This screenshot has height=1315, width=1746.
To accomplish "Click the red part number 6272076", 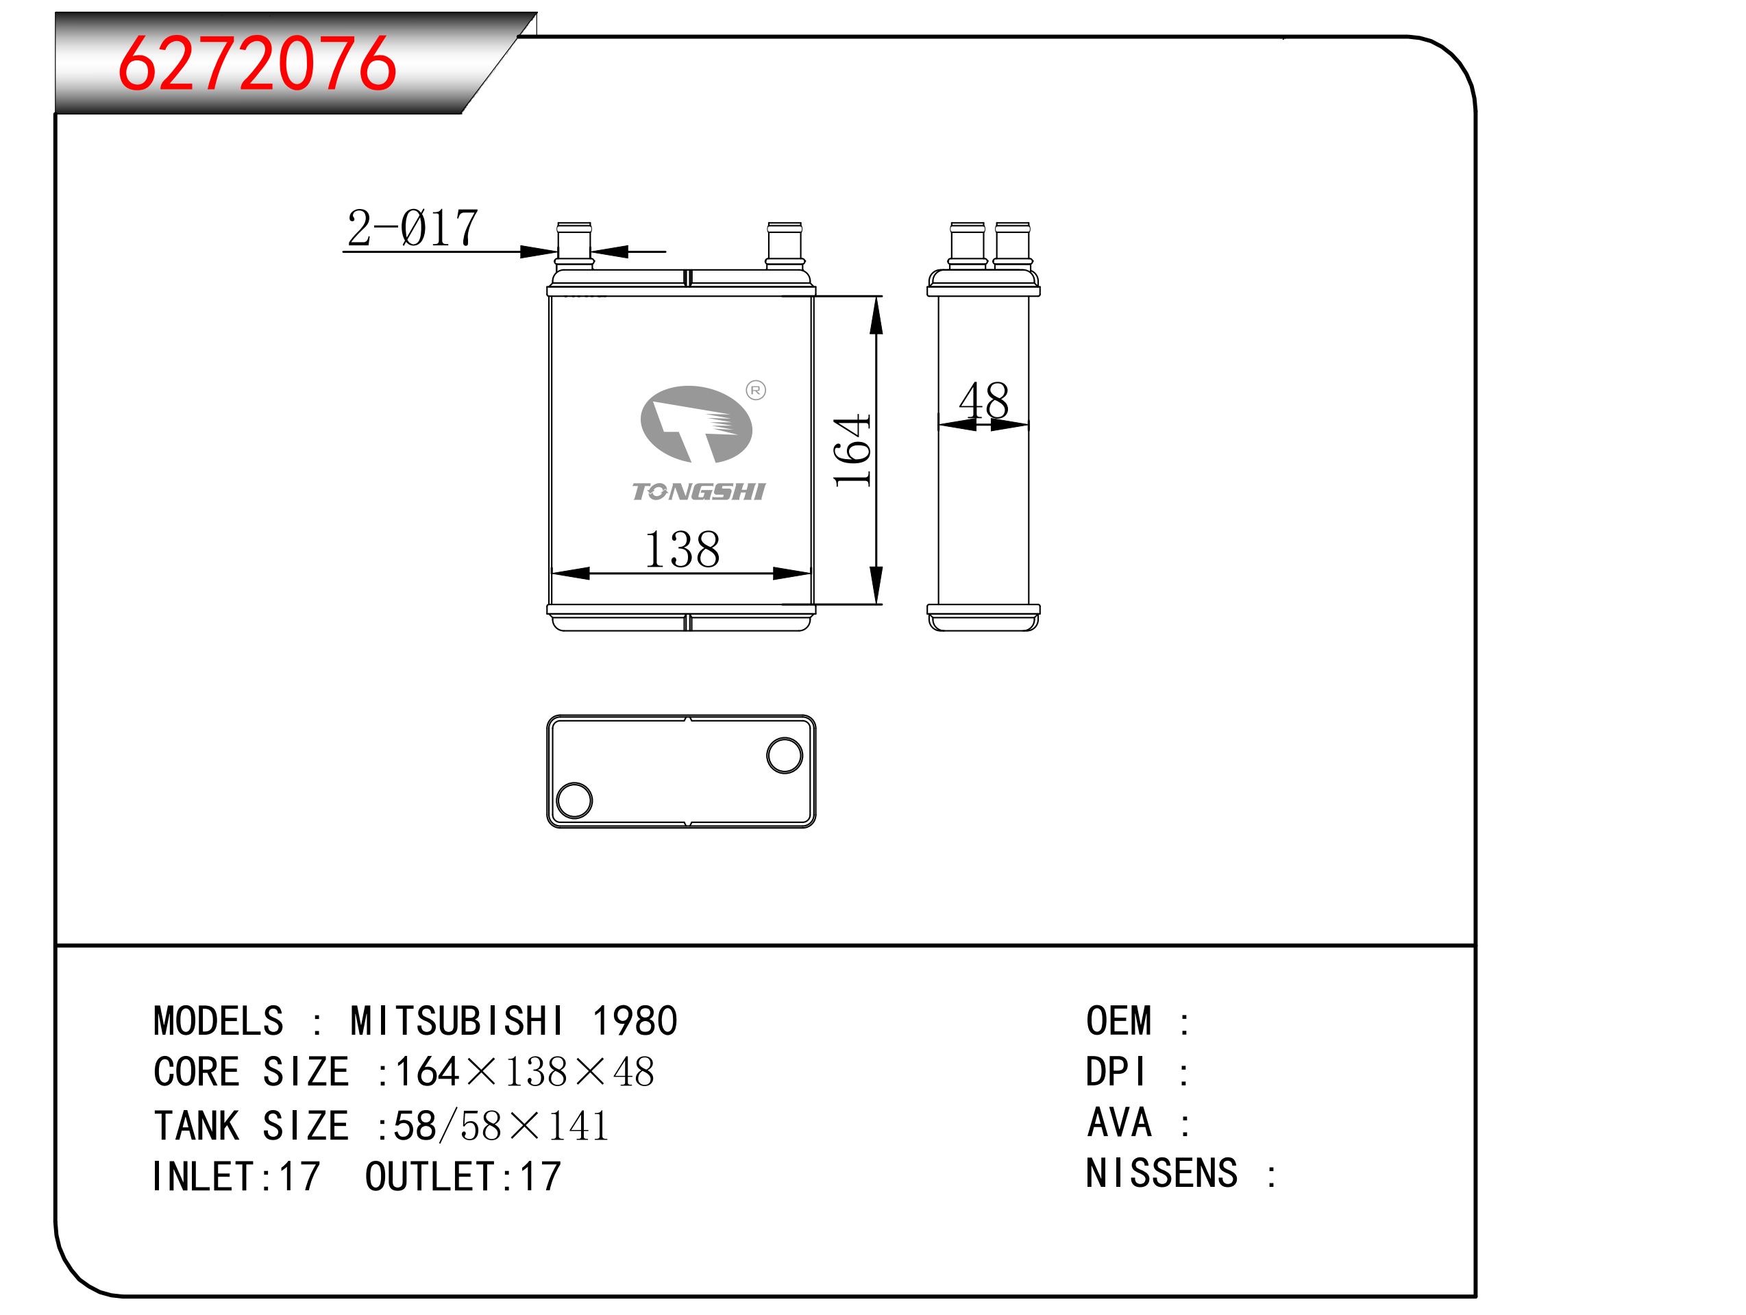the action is point(256,63).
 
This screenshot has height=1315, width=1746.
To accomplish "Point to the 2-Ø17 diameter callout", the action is point(412,228).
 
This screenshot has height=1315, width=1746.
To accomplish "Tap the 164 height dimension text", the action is point(852,450).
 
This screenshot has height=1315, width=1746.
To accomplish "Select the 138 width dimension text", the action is point(682,550).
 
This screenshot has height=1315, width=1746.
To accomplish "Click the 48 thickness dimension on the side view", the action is point(983,401).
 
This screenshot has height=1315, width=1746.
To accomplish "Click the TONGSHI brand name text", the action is point(698,492).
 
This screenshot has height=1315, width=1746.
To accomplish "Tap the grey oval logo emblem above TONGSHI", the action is point(696,424).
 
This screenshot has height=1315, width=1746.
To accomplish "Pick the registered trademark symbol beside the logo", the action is point(755,390).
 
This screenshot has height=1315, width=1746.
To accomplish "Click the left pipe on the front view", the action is point(574,246).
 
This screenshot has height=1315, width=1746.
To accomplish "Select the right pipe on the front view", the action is point(785,246).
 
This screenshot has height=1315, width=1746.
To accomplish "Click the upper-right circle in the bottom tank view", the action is point(785,755).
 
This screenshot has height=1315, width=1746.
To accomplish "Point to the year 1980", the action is point(635,1022).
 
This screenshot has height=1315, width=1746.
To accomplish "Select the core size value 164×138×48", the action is point(524,1072).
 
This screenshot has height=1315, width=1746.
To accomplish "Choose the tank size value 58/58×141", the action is point(501,1126).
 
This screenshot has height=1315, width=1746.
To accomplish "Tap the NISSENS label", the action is point(1161,1173).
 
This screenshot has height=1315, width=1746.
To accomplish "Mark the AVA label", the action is point(1119,1122).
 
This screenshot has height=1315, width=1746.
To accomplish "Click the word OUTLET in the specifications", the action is point(430,1177).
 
